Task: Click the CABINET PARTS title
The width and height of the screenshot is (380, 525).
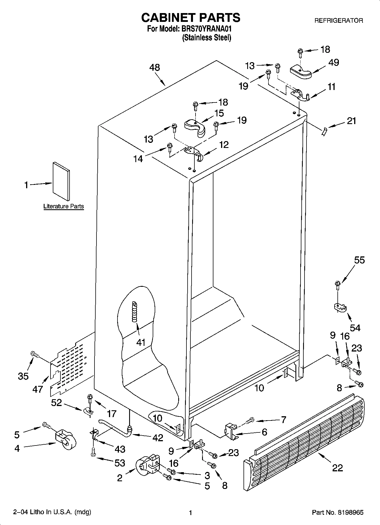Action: [191, 18]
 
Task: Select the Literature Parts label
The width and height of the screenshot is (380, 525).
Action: [64, 206]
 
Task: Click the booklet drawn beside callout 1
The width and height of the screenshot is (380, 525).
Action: [61, 181]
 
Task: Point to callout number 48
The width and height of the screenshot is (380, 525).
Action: [155, 68]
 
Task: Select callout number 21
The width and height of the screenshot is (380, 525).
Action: [351, 121]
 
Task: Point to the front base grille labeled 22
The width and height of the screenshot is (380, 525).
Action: [304, 444]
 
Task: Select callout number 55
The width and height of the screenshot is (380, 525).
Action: [359, 260]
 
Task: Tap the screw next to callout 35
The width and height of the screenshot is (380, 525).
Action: [34, 354]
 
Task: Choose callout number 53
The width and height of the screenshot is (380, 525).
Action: [120, 463]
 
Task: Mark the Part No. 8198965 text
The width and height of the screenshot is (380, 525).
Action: [337, 513]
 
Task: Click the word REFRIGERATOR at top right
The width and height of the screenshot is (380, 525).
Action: [339, 20]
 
